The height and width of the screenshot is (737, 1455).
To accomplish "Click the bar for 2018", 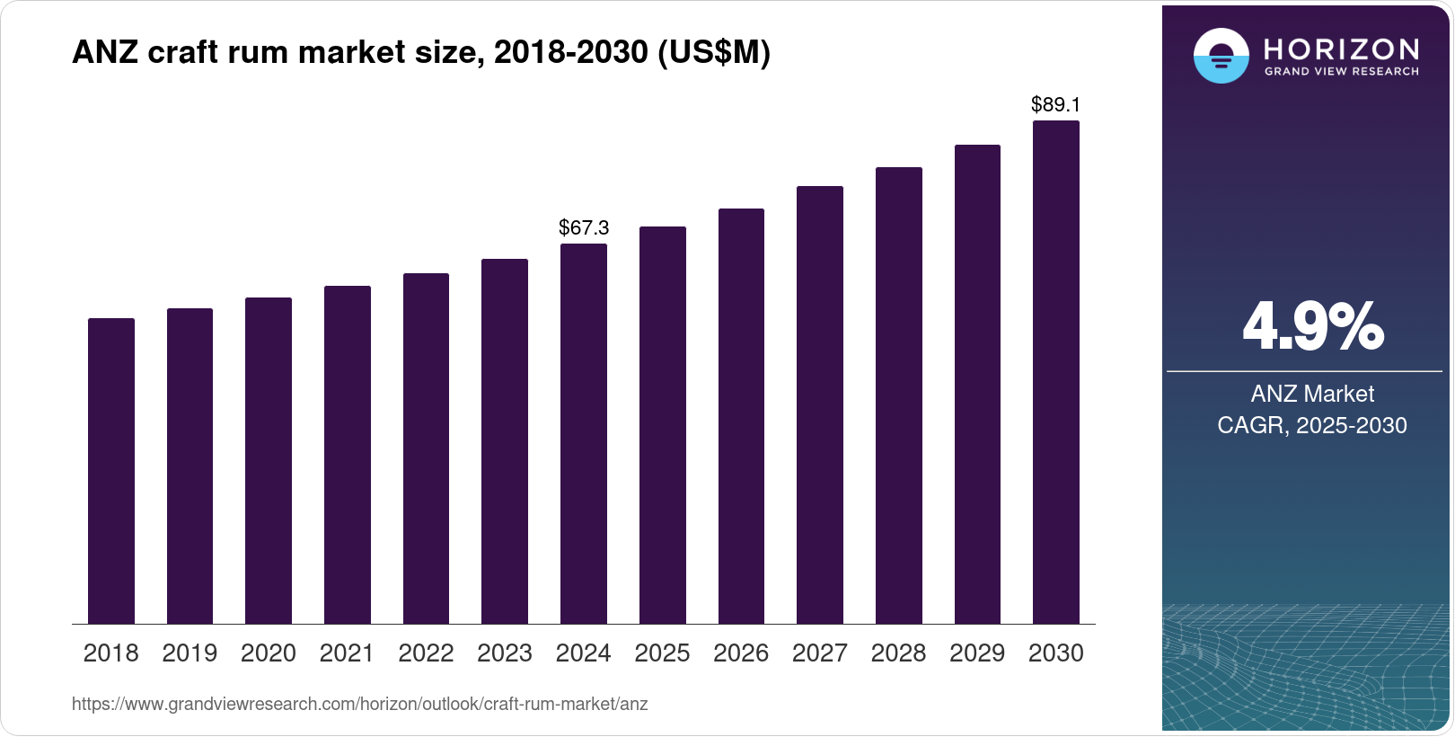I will click(x=111, y=471).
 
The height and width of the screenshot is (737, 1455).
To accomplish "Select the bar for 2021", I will click(x=347, y=455).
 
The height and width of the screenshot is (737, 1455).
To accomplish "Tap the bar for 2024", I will click(x=583, y=433).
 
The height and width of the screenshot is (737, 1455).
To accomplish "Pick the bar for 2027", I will click(x=819, y=404).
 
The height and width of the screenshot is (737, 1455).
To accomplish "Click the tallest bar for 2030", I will click(x=1055, y=372).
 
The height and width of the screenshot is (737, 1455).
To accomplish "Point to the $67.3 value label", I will click(x=584, y=227).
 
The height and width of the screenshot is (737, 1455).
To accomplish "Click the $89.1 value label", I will click(x=1055, y=104).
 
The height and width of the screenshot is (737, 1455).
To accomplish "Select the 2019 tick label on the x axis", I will click(x=190, y=653).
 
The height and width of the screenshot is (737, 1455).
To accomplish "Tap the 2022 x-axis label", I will click(x=426, y=653).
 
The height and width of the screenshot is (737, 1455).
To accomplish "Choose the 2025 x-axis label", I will click(x=662, y=653).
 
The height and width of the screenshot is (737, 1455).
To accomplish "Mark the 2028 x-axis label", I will click(x=898, y=653).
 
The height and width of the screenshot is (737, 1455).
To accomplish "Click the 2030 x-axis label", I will click(x=1055, y=653).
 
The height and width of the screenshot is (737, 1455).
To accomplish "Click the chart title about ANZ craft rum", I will click(x=421, y=52).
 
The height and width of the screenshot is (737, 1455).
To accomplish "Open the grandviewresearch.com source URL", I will click(x=359, y=704).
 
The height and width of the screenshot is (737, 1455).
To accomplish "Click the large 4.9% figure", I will click(x=1312, y=327).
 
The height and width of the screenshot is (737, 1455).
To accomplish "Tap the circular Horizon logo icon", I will click(x=1221, y=56).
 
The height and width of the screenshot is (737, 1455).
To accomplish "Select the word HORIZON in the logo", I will click(x=1341, y=49).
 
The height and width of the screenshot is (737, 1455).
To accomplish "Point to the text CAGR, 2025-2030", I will click(x=1311, y=425).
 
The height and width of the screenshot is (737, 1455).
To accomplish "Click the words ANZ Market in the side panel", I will click(x=1312, y=394).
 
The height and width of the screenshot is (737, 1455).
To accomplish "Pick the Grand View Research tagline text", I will click(x=1341, y=72).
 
